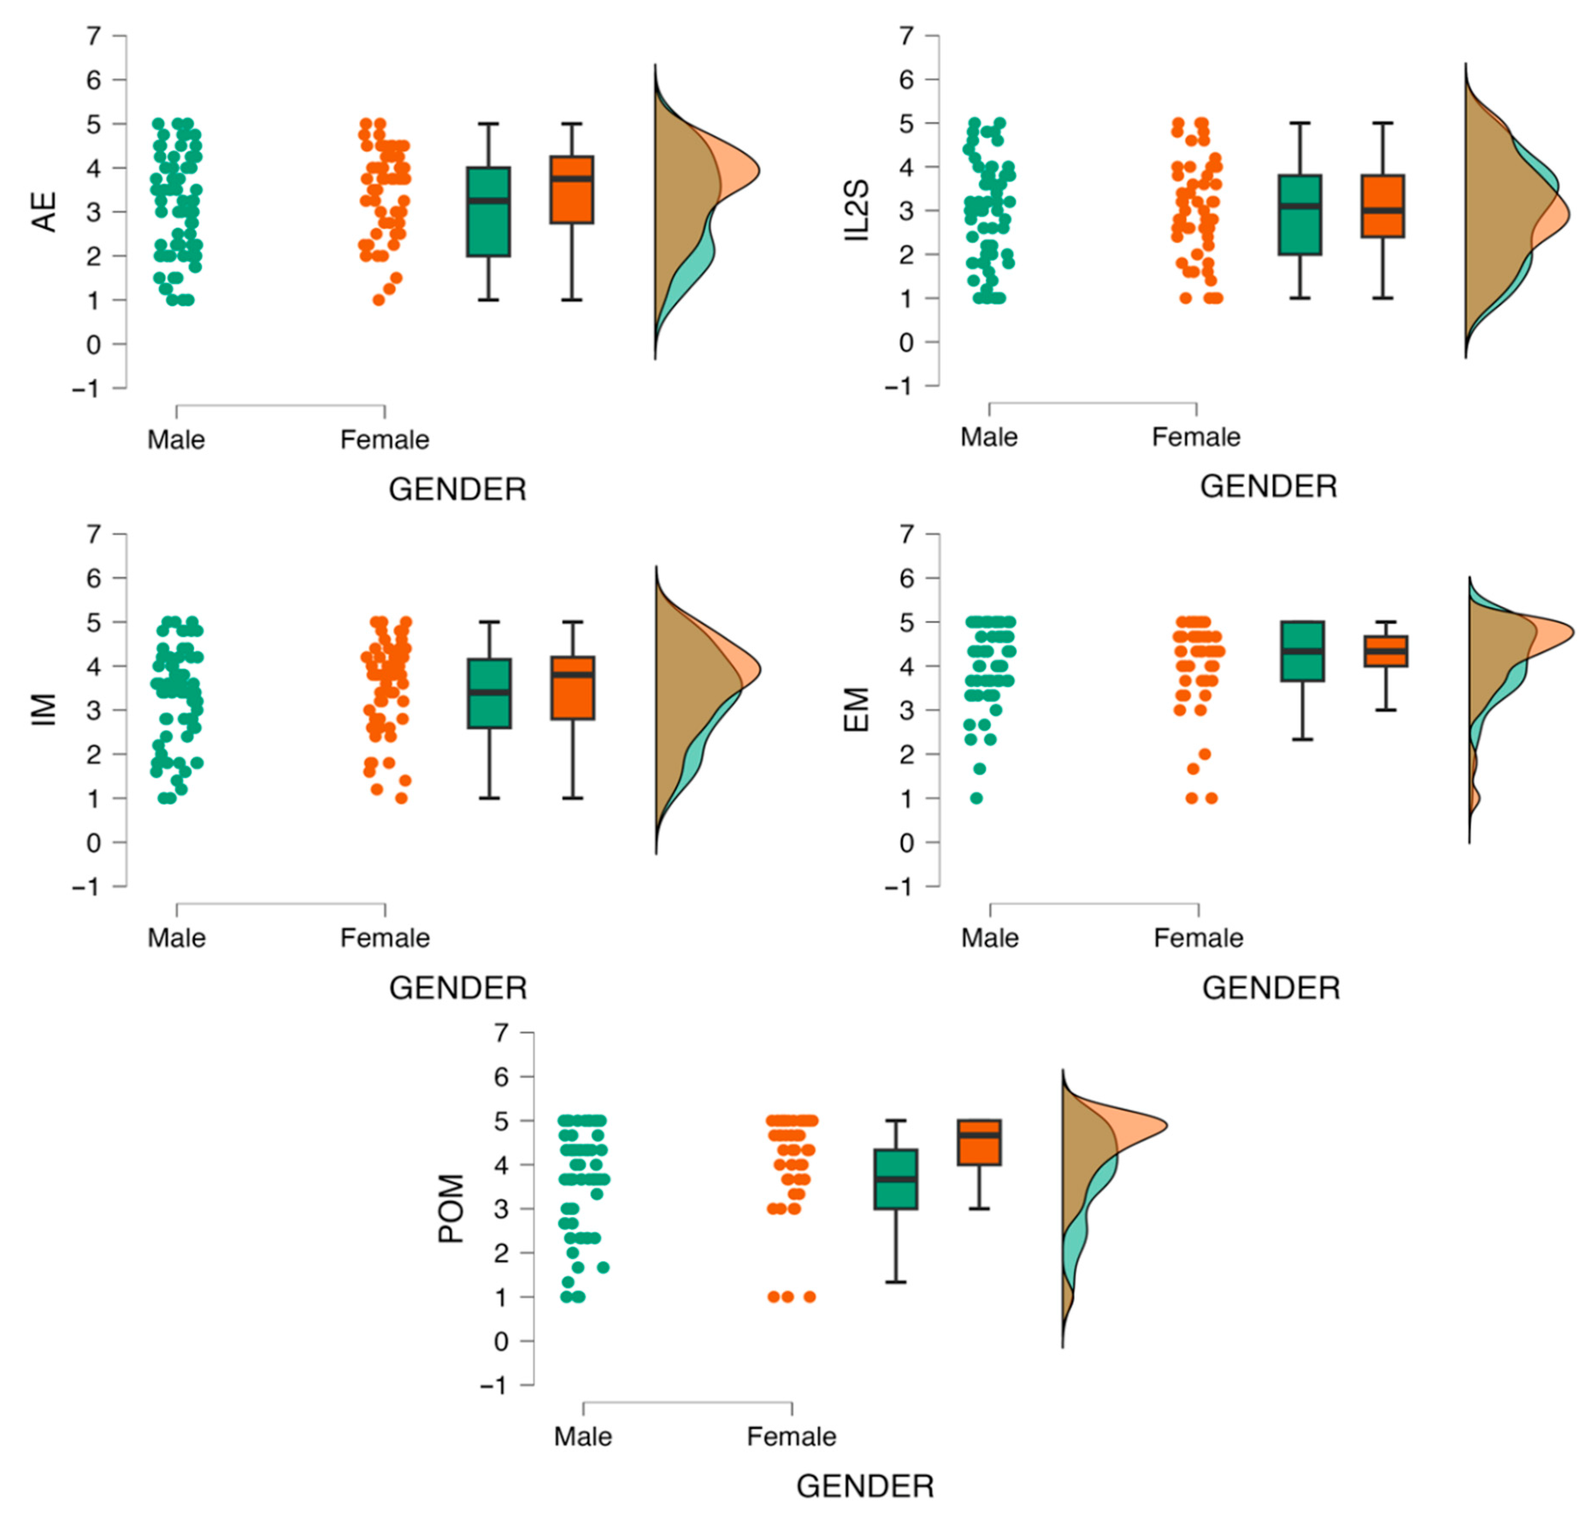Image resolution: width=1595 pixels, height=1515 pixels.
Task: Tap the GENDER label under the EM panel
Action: click(1271, 987)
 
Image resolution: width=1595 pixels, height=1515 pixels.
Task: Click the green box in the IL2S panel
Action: click(1300, 215)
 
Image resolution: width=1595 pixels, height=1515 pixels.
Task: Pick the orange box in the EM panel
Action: click(1386, 651)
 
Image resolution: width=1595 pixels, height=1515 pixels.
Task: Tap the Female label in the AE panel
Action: click(384, 440)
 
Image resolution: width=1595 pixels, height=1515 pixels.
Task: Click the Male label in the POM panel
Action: click(582, 1437)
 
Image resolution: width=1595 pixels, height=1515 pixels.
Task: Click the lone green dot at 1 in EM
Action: click(976, 798)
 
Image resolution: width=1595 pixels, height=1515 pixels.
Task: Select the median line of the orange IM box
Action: click(572, 674)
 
